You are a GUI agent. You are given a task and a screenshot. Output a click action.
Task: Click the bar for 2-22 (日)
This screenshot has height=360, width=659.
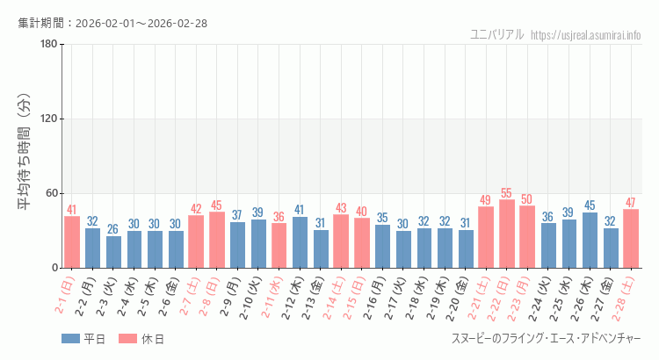coord(507,234)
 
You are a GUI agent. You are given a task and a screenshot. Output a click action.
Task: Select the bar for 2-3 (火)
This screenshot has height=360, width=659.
coord(113,252)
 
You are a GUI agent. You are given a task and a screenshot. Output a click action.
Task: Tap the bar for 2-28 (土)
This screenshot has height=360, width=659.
coord(631,238)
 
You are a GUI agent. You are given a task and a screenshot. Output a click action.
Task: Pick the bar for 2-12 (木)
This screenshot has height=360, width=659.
coord(300,242)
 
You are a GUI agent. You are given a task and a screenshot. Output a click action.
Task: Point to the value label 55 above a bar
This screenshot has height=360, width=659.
coord(507,193)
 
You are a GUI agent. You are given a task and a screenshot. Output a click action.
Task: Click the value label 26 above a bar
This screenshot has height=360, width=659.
coord(113,229)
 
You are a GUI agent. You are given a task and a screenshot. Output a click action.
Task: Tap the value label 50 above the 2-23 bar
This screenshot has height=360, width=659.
coord(527,199)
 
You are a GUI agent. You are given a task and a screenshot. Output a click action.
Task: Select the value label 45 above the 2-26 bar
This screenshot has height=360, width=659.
coord(590,205)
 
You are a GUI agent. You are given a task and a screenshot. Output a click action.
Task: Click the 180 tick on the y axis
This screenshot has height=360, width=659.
coord(48,45)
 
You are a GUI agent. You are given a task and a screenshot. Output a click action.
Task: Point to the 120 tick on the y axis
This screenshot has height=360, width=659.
coord(48,119)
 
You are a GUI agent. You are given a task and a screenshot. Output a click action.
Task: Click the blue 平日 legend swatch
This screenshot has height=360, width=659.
coord(70,339)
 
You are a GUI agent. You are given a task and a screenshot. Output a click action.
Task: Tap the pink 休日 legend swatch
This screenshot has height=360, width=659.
coord(127,339)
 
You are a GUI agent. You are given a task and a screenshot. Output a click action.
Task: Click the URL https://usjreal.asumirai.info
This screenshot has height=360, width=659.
coord(586,35)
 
